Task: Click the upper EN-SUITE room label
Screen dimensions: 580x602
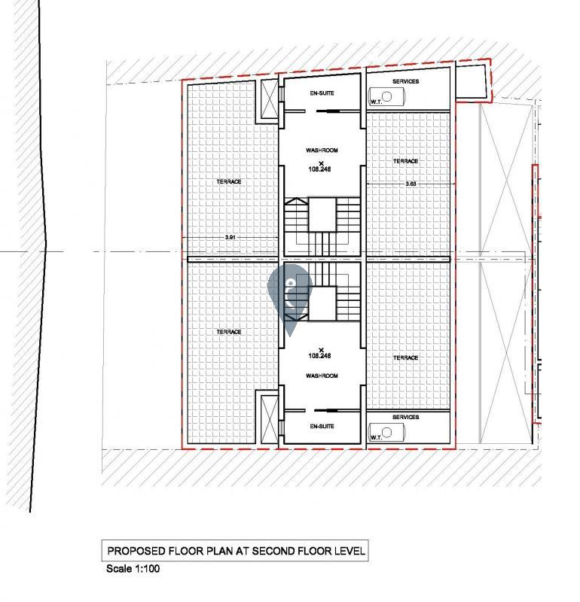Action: pyautogui.click(x=322, y=93)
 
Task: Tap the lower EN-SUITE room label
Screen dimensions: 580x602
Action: pyautogui.click(x=322, y=427)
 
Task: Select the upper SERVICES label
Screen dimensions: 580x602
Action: pyautogui.click(x=406, y=81)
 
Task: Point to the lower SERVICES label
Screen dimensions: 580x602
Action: pyautogui.click(x=406, y=418)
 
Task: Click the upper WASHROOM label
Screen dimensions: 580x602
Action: pyautogui.click(x=322, y=150)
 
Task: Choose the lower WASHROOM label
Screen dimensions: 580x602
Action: pyautogui.click(x=322, y=375)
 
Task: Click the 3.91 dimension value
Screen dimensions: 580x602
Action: pyautogui.click(x=230, y=237)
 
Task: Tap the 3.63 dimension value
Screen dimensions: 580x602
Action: pyautogui.click(x=411, y=184)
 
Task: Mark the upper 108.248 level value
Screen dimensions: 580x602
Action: pyautogui.click(x=319, y=169)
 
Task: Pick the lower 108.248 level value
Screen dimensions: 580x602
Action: pyautogui.click(x=319, y=356)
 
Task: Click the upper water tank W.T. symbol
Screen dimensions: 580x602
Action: pyautogui.click(x=386, y=97)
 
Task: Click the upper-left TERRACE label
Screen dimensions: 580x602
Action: pyautogui.click(x=229, y=181)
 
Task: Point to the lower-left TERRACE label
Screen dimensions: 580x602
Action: pyautogui.click(x=229, y=332)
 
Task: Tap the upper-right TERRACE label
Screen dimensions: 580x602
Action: pyautogui.click(x=405, y=161)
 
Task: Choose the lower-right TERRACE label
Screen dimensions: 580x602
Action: pyautogui.click(x=405, y=358)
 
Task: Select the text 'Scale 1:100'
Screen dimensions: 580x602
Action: pyautogui.click(x=133, y=569)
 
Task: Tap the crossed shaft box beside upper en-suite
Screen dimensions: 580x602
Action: pyautogui.click(x=270, y=100)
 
